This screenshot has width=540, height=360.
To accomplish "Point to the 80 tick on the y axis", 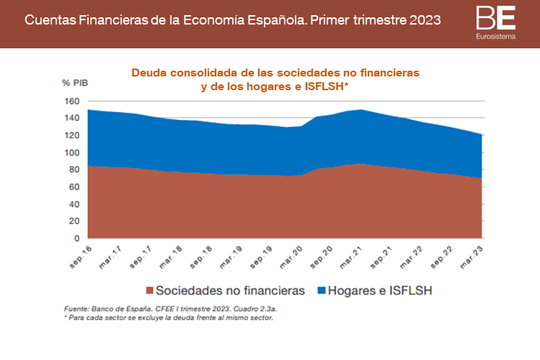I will pyautogui.click(x=74, y=170).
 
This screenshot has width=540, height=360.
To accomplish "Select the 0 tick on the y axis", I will pyautogui.click(x=76, y=239).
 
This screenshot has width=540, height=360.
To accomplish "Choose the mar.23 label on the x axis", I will pyautogui.click(x=474, y=256).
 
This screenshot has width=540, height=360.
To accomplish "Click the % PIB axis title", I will pyautogui.click(x=74, y=84).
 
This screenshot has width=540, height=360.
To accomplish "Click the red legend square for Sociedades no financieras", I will pyautogui.click(x=150, y=291).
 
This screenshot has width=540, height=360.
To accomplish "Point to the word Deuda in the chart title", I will pyautogui.click(x=147, y=73).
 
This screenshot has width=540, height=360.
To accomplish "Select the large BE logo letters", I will pyautogui.click(x=495, y=18).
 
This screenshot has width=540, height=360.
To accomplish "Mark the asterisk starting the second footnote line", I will pyautogui.click(x=66, y=317).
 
